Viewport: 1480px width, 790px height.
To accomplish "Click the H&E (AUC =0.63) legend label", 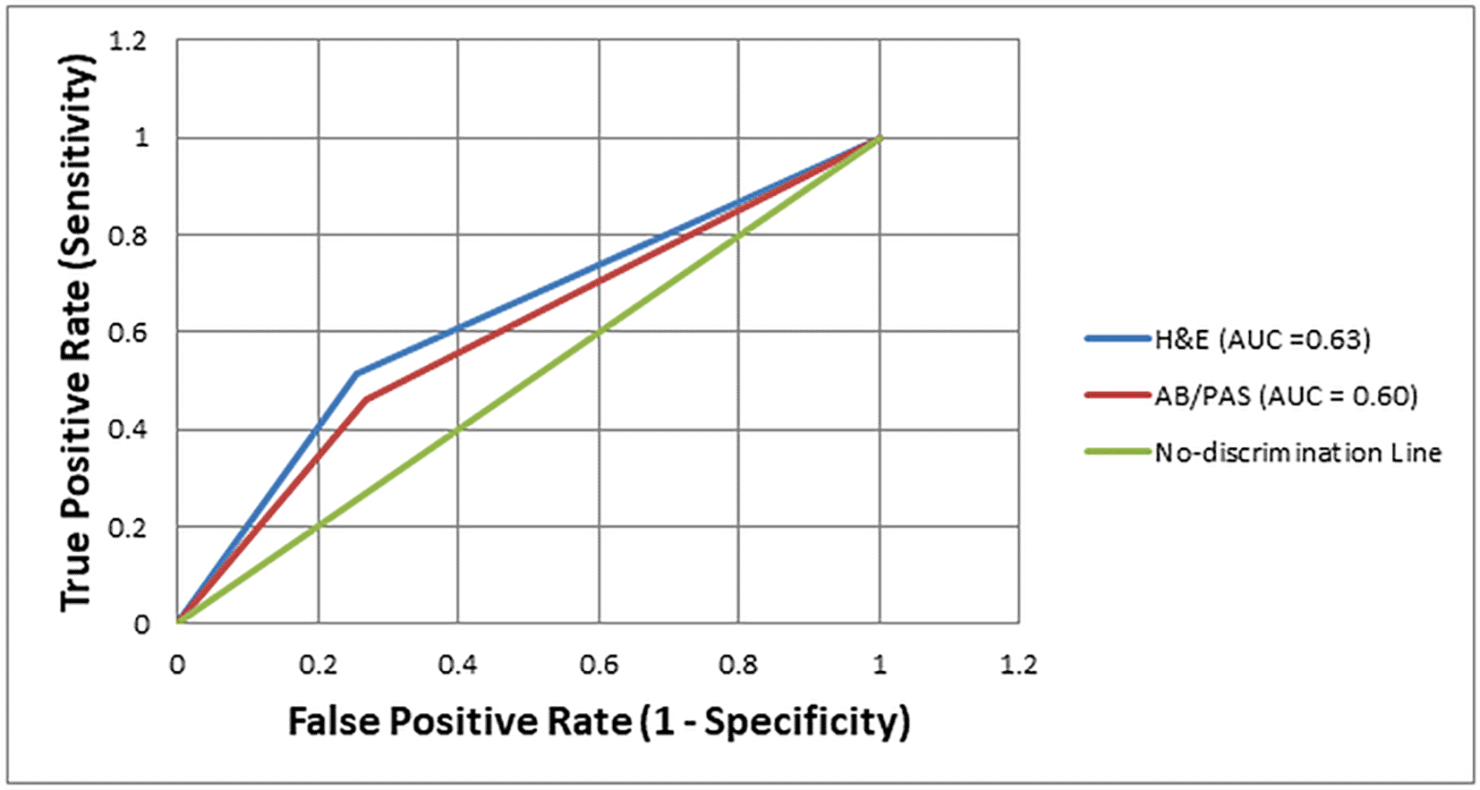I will (1262, 340).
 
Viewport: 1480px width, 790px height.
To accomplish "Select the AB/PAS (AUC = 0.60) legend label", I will (1286, 395).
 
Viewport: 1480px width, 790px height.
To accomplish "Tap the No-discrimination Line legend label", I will (1297, 453).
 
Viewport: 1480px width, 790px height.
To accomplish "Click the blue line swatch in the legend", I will (1118, 339).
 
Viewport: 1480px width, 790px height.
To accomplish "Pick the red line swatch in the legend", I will (1118, 395).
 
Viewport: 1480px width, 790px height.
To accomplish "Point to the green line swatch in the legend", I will (1118, 453).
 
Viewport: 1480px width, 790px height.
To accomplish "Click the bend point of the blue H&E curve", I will (356, 373).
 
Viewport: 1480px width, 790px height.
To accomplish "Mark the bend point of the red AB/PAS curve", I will (366, 399).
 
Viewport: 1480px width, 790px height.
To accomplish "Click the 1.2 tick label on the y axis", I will (127, 41).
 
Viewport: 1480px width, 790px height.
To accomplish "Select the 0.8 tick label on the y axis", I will (127, 236).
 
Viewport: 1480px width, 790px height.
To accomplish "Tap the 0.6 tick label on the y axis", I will (127, 333).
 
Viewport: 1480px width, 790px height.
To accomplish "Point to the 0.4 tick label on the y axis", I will (127, 430).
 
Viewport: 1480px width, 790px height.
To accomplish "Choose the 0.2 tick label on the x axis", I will (318, 666).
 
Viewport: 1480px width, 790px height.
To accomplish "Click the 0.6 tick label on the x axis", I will (599, 666).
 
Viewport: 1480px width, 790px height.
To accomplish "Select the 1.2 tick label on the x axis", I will (1018, 666).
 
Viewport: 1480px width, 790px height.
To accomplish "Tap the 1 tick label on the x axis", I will (880, 666).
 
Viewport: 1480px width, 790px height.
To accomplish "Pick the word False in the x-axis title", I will (335, 721).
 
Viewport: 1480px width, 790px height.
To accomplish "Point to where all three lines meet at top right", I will (879, 138).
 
